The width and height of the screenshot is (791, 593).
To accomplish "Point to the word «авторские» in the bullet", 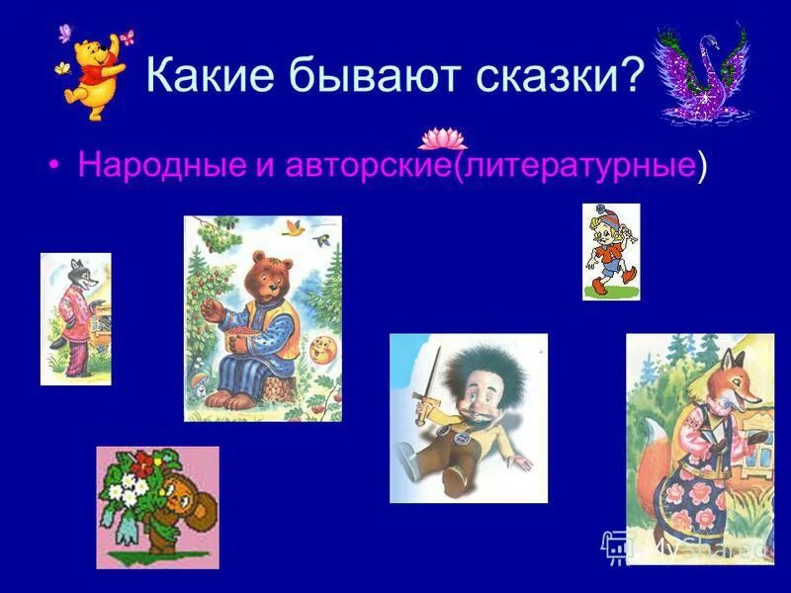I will pos(367,165).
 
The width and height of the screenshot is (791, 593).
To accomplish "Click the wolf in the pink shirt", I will pos(73,316).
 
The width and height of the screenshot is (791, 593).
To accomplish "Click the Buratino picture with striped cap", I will pos(610,251).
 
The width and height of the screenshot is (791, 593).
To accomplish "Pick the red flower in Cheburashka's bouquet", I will pos(146,462).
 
